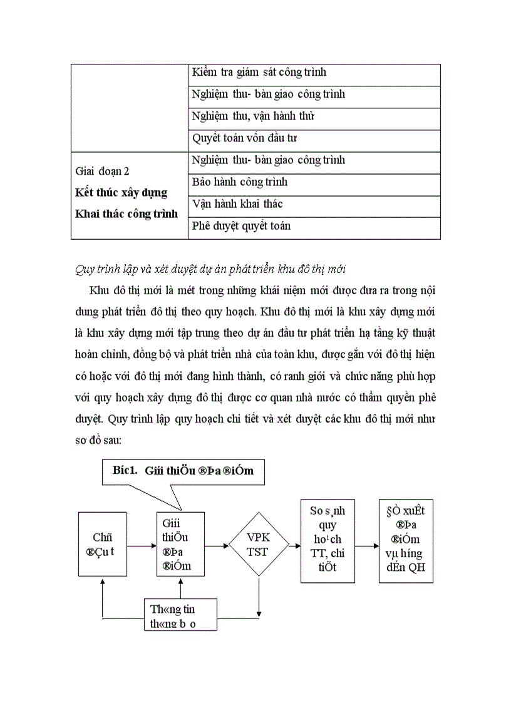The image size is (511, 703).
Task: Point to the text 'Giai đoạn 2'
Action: (102, 171)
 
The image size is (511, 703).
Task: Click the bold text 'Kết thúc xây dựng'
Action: (121, 192)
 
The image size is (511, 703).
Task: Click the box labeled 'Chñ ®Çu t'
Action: (103, 544)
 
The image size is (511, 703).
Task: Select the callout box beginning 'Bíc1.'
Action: (183, 471)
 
